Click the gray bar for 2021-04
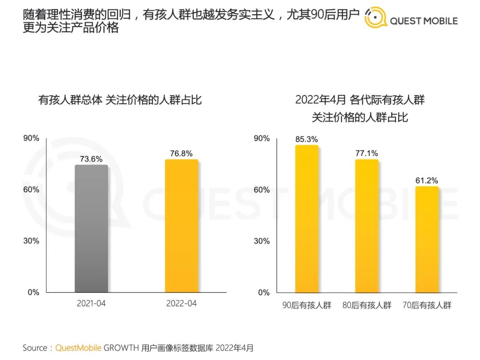(91, 228)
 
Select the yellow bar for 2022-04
(181, 226)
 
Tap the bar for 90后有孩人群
(307, 219)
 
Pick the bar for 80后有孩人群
(367, 226)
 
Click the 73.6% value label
(91, 159)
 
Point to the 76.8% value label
(181, 154)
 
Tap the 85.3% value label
(307, 140)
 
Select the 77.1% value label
(367, 153)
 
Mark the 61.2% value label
(427, 180)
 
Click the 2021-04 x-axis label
(91, 304)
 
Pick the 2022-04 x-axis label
(181, 304)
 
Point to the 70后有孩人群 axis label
(427, 305)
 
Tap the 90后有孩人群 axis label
(307, 305)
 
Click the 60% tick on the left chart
(31, 190)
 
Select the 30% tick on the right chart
(261, 241)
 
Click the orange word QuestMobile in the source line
(78, 348)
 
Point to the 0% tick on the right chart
(264, 292)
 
